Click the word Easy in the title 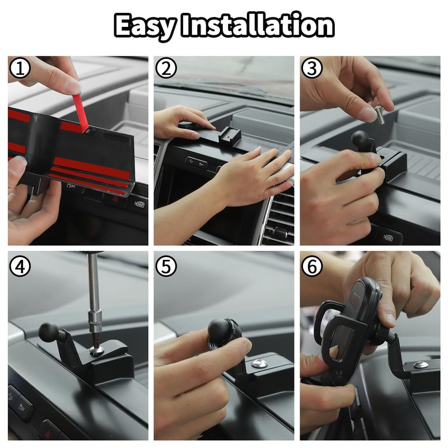[x=145, y=26]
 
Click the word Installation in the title [x=258, y=25]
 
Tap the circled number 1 [x=20, y=68]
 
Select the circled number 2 [x=166, y=68]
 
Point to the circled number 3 [x=312, y=68]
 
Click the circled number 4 [x=20, y=267]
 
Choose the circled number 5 [x=166, y=267]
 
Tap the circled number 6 [x=312, y=267]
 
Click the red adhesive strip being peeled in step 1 [x=81, y=113]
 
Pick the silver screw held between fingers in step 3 [x=379, y=115]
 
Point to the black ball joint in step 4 [x=48, y=333]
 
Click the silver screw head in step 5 [x=259, y=363]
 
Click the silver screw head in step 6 [x=421, y=365]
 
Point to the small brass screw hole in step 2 [x=228, y=137]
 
